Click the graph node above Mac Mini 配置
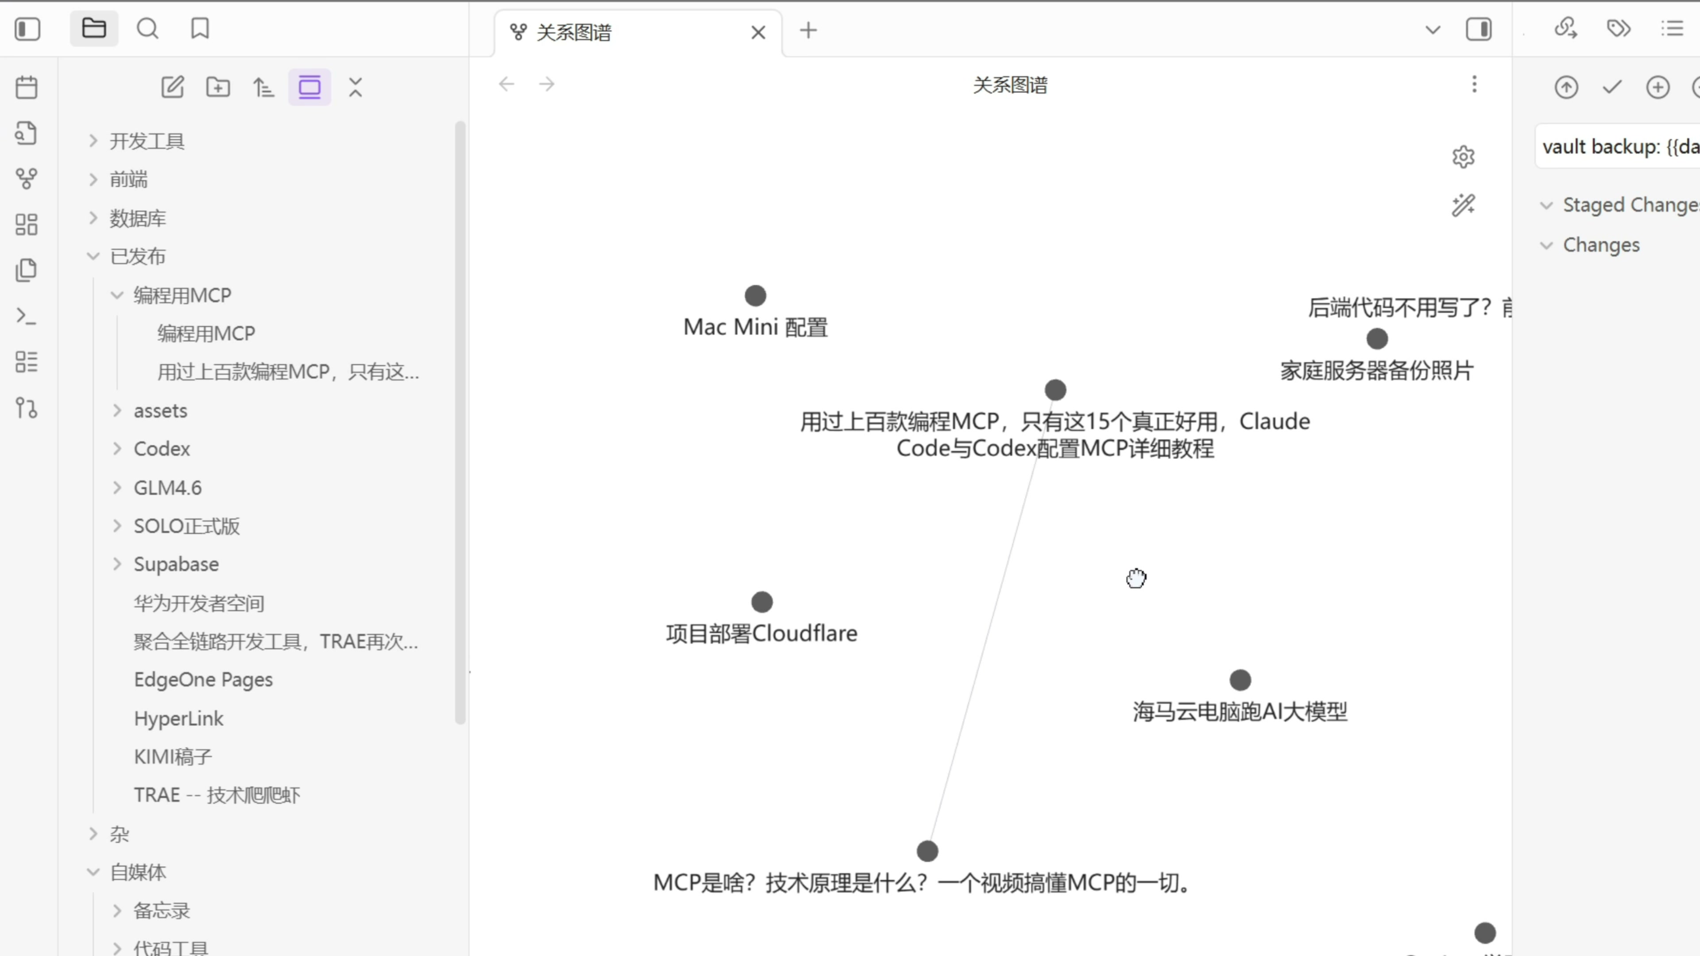click(x=755, y=296)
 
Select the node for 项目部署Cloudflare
click(x=761, y=602)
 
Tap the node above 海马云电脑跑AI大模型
click(x=1240, y=679)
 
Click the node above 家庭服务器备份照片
click(x=1377, y=339)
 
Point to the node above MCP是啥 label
click(x=927, y=851)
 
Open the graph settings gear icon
click(x=1463, y=157)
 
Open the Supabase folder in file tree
click(x=176, y=564)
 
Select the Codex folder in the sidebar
click(x=162, y=449)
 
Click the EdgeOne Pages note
click(x=203, y=679)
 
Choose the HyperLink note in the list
click(x=178, y=718)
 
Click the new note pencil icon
click(x=172, y=87)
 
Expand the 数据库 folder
click(x=137, y=218)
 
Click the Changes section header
click(x=1600, y=245)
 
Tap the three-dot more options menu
click(x=1474, y=85)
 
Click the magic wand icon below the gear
click(x=1463, y=205)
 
